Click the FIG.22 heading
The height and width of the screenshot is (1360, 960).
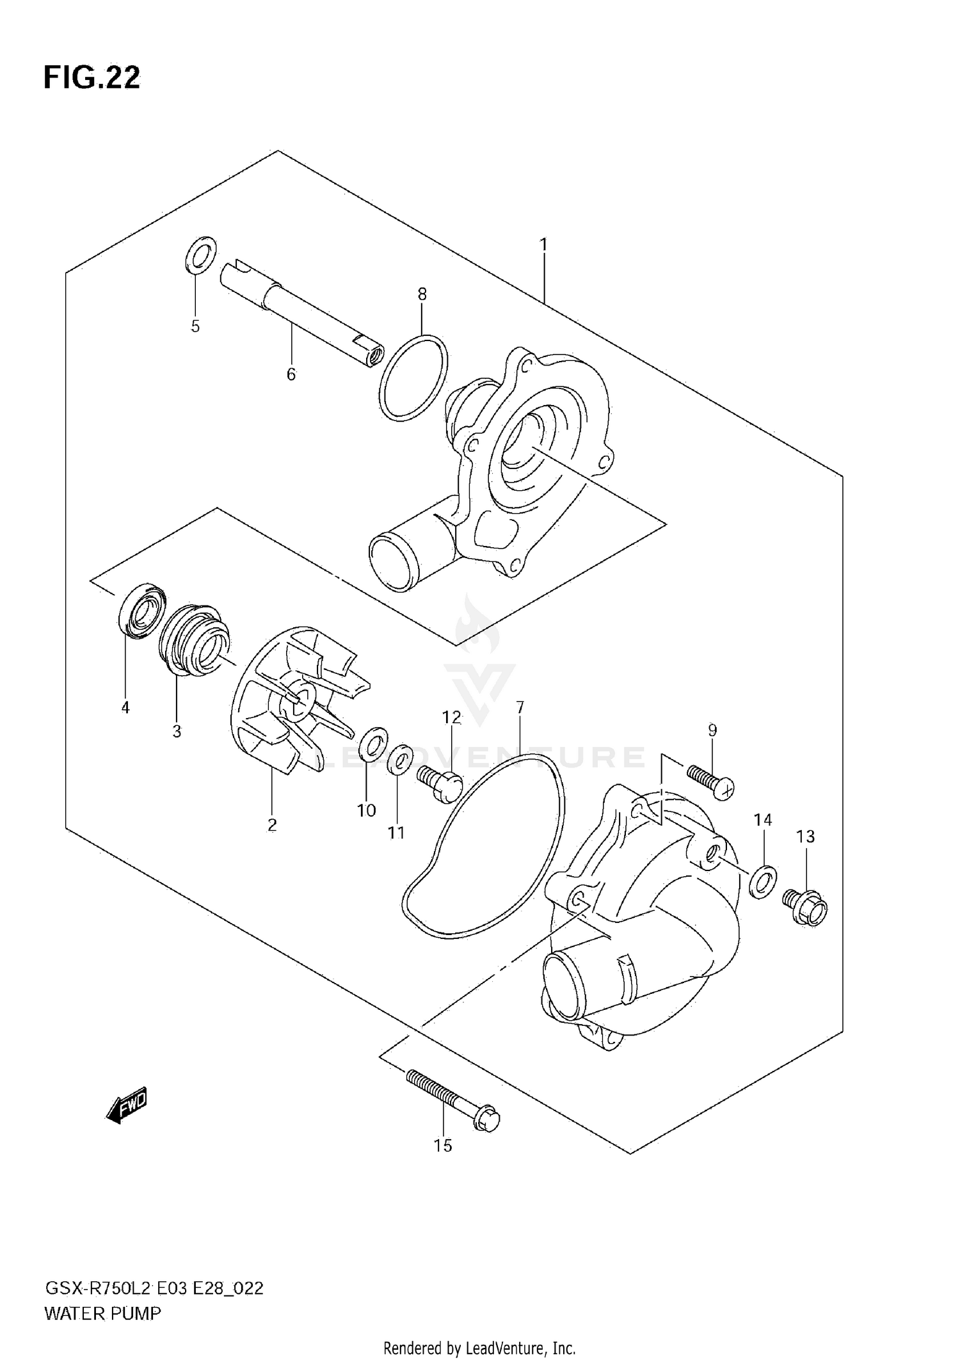92,78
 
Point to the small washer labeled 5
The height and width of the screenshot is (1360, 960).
200,254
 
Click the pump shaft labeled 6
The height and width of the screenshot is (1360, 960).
301,313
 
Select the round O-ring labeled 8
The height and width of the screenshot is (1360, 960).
413,378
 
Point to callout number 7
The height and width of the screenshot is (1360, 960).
520,707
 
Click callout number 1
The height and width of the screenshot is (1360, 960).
543,244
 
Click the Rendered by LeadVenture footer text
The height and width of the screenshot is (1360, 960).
479,1348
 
